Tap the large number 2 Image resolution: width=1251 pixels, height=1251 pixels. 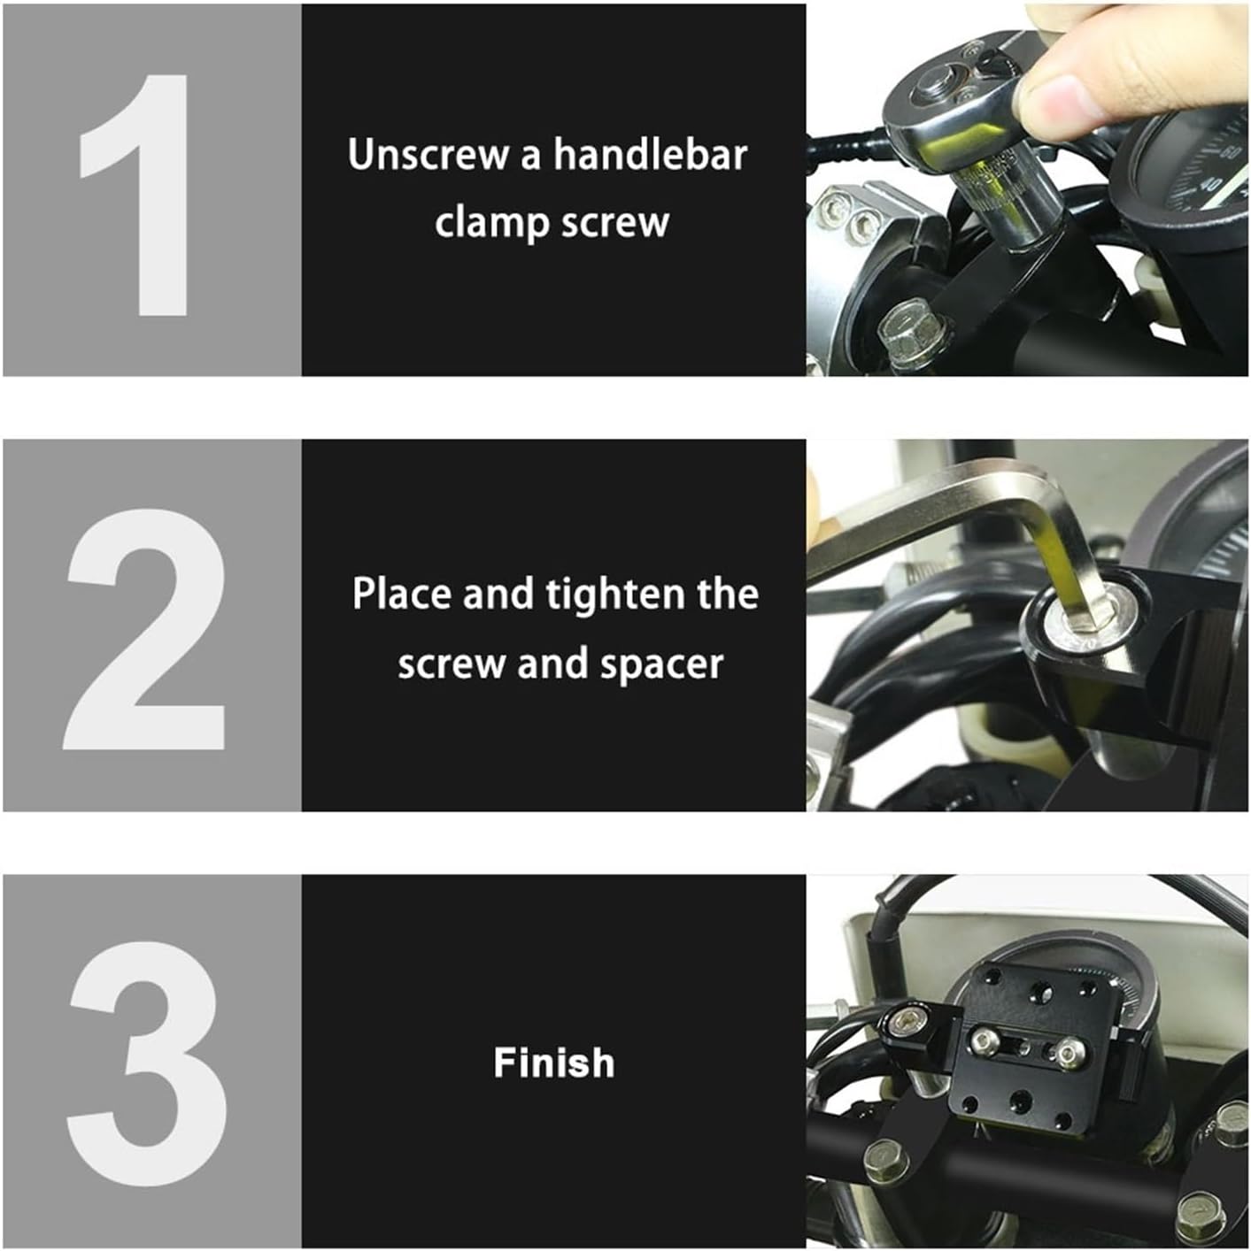click(146, 630)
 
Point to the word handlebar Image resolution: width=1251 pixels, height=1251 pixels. click(650, 155)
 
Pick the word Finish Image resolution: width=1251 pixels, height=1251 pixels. click(553, 1063)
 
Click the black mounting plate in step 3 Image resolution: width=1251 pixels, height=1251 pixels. click(1027, 1044)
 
